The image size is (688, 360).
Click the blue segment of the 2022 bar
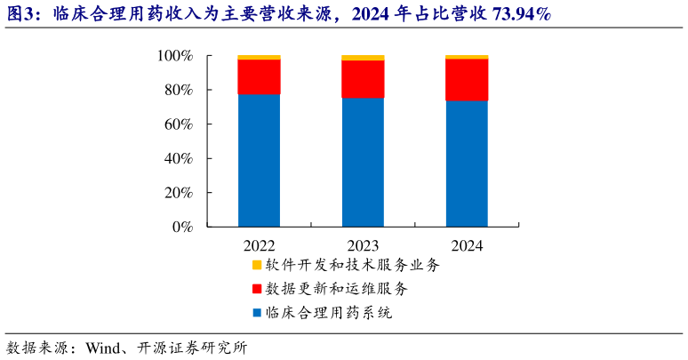click(259, 160)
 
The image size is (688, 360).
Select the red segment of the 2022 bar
click(259, 76)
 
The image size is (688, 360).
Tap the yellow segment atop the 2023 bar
click(363, 58)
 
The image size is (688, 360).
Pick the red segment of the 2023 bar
click(363, 79)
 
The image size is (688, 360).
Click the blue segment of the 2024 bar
click(467, 164)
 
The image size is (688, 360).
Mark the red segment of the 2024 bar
click(467, 80)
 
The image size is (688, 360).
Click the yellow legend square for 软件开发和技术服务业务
click(257, 265)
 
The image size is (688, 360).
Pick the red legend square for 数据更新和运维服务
click(257, 289)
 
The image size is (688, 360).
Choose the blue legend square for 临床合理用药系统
click(257, 313)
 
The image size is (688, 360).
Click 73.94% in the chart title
click(516, 14)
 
